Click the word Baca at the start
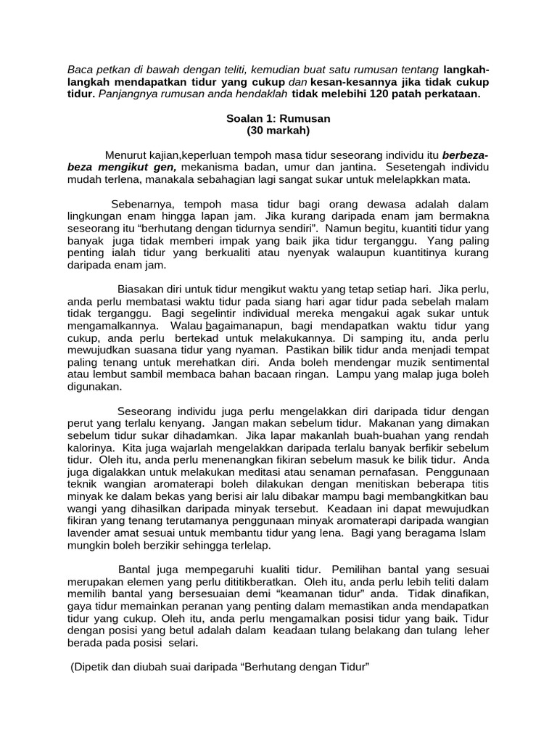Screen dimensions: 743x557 tap(81, 70)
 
